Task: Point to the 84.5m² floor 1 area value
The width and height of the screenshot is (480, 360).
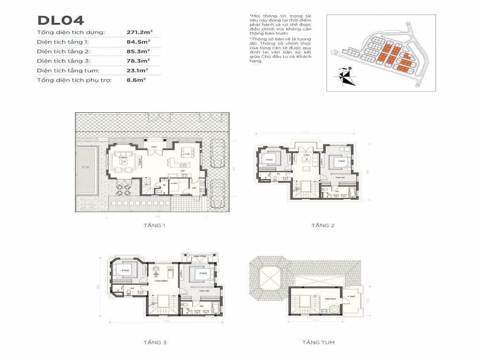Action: click(138, 42)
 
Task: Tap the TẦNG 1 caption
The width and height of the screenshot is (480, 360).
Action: click(154, 225)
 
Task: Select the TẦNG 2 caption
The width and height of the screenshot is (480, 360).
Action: click(323, 225)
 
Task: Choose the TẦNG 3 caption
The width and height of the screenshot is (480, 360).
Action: click(155, 342)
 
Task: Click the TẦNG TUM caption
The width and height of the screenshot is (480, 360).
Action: click(318, 342)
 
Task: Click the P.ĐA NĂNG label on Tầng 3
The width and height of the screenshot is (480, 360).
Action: click(161, 287)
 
